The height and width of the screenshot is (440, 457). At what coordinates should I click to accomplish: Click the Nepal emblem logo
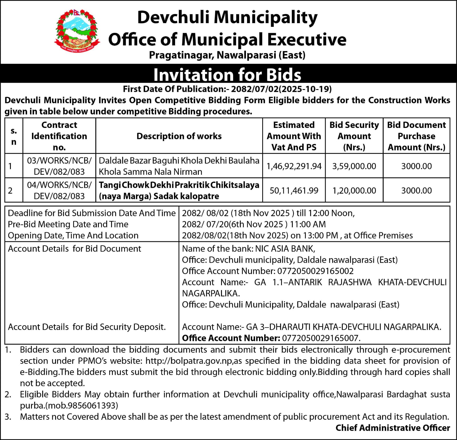[x=77, y=31]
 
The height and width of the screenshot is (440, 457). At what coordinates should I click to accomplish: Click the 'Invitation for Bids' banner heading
[x=227, y=75]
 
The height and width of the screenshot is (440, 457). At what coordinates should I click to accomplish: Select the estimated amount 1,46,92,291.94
[x=294, y=166]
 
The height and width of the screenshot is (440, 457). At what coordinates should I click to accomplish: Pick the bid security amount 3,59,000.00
[x=354, y=166]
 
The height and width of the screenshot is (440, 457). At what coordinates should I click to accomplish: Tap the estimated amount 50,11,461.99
[x=294, y=190]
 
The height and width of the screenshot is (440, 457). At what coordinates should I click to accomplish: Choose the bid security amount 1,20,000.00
[x=354, y=190]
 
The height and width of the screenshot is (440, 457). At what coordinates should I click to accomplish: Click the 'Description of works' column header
[x=179, y=136]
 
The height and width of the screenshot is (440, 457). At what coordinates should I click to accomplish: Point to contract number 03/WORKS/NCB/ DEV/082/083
[x=59, y=166]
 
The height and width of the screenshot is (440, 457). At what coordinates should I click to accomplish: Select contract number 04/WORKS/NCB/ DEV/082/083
[x=59, y=190]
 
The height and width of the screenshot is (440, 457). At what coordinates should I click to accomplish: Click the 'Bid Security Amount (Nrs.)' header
[x=354, y=136]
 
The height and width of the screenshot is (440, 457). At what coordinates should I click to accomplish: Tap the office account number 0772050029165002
[x=315, y=271]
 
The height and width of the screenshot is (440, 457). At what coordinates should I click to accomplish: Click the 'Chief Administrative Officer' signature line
[x=393, y=428]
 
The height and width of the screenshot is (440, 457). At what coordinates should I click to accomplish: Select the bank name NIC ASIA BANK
[x=285, y=249]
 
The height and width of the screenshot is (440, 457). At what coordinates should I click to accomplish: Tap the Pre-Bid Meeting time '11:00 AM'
[x=308, y=224]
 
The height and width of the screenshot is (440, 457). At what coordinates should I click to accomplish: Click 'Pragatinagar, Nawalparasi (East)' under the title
[x=227, y=55]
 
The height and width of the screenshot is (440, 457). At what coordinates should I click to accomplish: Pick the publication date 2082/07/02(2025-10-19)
[x=281, y=89]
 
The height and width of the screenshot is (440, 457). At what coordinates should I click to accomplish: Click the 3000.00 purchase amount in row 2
[x=416, y=190]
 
